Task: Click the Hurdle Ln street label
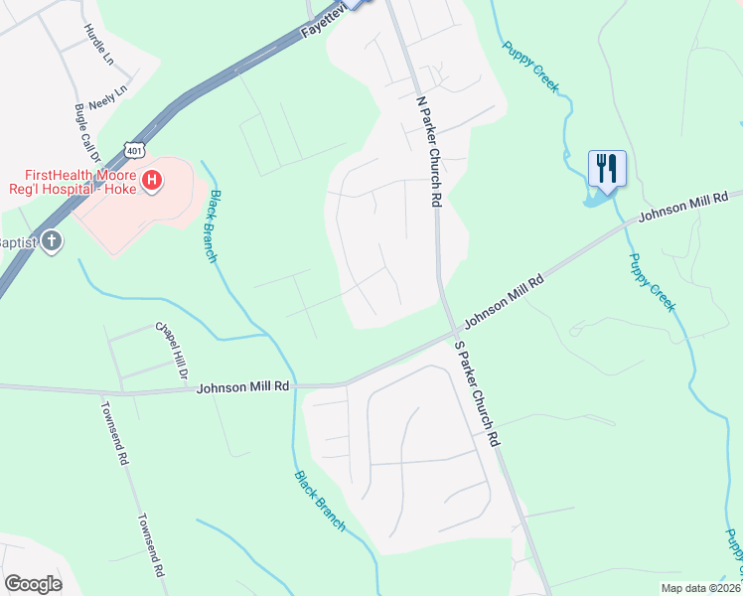(x=99, y=45)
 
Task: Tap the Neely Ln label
(x=109, y=96)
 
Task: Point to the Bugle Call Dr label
(x=88, y=135)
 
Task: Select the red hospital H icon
(x=152, y=180)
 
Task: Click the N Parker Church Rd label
(x=429, y=149)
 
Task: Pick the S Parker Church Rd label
(x=476, y=392)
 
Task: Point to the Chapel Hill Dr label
(x=171, y=351)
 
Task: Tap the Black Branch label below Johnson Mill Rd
(x=320, y=501)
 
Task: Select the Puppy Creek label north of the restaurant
(x=531, y=68)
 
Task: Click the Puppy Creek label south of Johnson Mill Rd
(x=652, y=282)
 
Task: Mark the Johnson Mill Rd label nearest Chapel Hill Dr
(x=242, y=387)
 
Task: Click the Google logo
(x=33, y=584)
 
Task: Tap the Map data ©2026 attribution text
(x=700, y=588)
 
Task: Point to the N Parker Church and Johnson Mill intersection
(x=450, y=331)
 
